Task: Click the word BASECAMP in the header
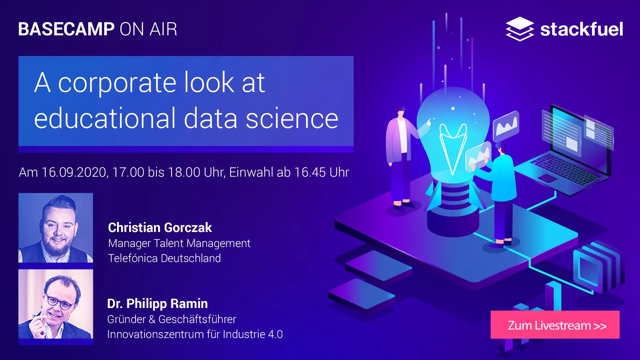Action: click(66, 29)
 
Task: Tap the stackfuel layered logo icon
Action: click(520, 29)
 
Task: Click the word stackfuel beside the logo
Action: click(582, 29)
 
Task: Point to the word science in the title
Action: click(292, 119)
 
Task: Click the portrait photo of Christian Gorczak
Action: click(56, 228)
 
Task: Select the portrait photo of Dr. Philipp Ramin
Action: click(56, 304)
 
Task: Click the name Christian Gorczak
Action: click(160, 228)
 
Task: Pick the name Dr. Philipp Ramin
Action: click(157, 304)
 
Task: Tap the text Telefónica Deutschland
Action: click(164, 258)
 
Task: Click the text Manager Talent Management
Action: click(179, 244)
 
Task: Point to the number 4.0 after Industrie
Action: click(275, 334)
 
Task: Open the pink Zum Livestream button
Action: click(555, 325)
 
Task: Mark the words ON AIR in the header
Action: click(148, 29)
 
